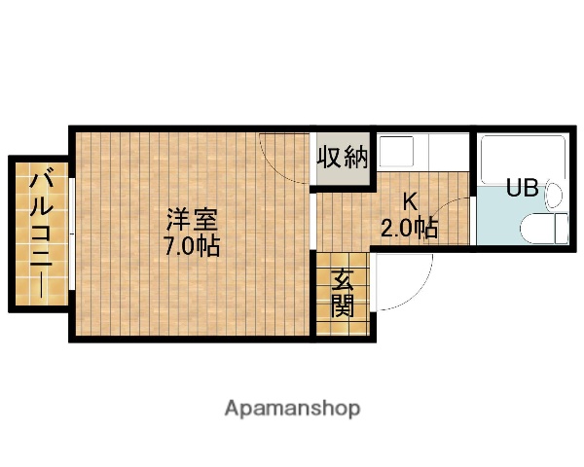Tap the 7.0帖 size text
[191, 244]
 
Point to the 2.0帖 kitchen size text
[409, 229]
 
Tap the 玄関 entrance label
[342, 294]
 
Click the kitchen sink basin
[397, 152]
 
